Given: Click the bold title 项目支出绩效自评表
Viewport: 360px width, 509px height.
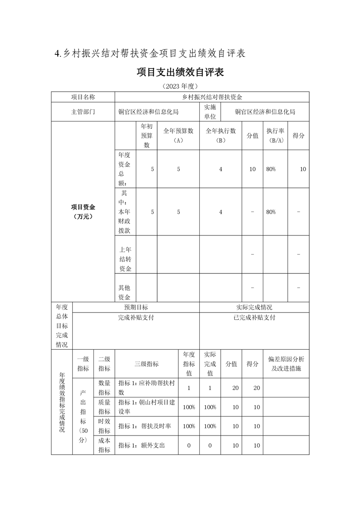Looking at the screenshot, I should tap(180, 73).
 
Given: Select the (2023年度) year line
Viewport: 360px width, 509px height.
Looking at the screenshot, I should tap(180, 86).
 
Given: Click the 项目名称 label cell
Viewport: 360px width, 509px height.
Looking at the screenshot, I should tap(83, 97).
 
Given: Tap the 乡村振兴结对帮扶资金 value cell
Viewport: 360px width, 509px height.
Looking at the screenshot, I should tap(212, 97).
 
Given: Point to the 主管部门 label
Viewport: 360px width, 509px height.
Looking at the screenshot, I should tap(83, 112).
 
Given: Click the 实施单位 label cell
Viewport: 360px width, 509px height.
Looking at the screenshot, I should tap(210, 112).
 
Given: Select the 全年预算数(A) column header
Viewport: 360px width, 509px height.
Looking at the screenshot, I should tap(178, 135).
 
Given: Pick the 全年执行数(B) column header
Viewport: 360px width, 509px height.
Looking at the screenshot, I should tap(221, 135).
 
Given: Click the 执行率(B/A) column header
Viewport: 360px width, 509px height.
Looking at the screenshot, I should tap(276, 135).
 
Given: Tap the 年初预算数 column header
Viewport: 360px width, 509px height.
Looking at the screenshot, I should tap(147, 135).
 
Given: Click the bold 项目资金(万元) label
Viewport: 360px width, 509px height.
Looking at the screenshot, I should tap(83, 211).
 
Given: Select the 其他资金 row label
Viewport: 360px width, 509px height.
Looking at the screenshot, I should tap(125, 292).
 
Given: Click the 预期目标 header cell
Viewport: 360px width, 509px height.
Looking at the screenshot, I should tap(136, 307).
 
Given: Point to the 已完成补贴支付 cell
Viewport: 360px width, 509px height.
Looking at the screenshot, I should tap(254, 318).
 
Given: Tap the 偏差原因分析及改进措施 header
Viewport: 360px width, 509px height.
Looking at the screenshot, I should tap(286, 363).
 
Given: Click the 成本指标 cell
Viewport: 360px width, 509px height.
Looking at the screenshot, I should tap(104, 445).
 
